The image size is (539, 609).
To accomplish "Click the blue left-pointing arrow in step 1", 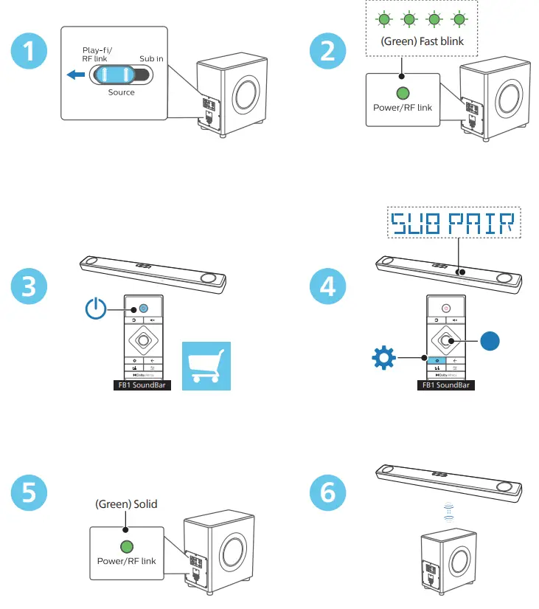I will coord(74,74).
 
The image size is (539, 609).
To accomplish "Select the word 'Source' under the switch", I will coord(122,92).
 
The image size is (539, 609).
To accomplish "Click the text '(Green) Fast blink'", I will coord(422,41).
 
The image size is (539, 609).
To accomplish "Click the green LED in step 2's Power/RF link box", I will coord(403,94).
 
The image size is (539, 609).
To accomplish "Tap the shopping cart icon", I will coord(206,365).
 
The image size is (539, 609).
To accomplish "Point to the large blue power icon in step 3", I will coord(97,309).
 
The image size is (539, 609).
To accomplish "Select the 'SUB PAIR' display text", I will coord(454,222).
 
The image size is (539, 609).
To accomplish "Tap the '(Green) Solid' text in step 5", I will coord(126,504).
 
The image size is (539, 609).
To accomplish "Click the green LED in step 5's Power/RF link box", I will coord(126,547).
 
